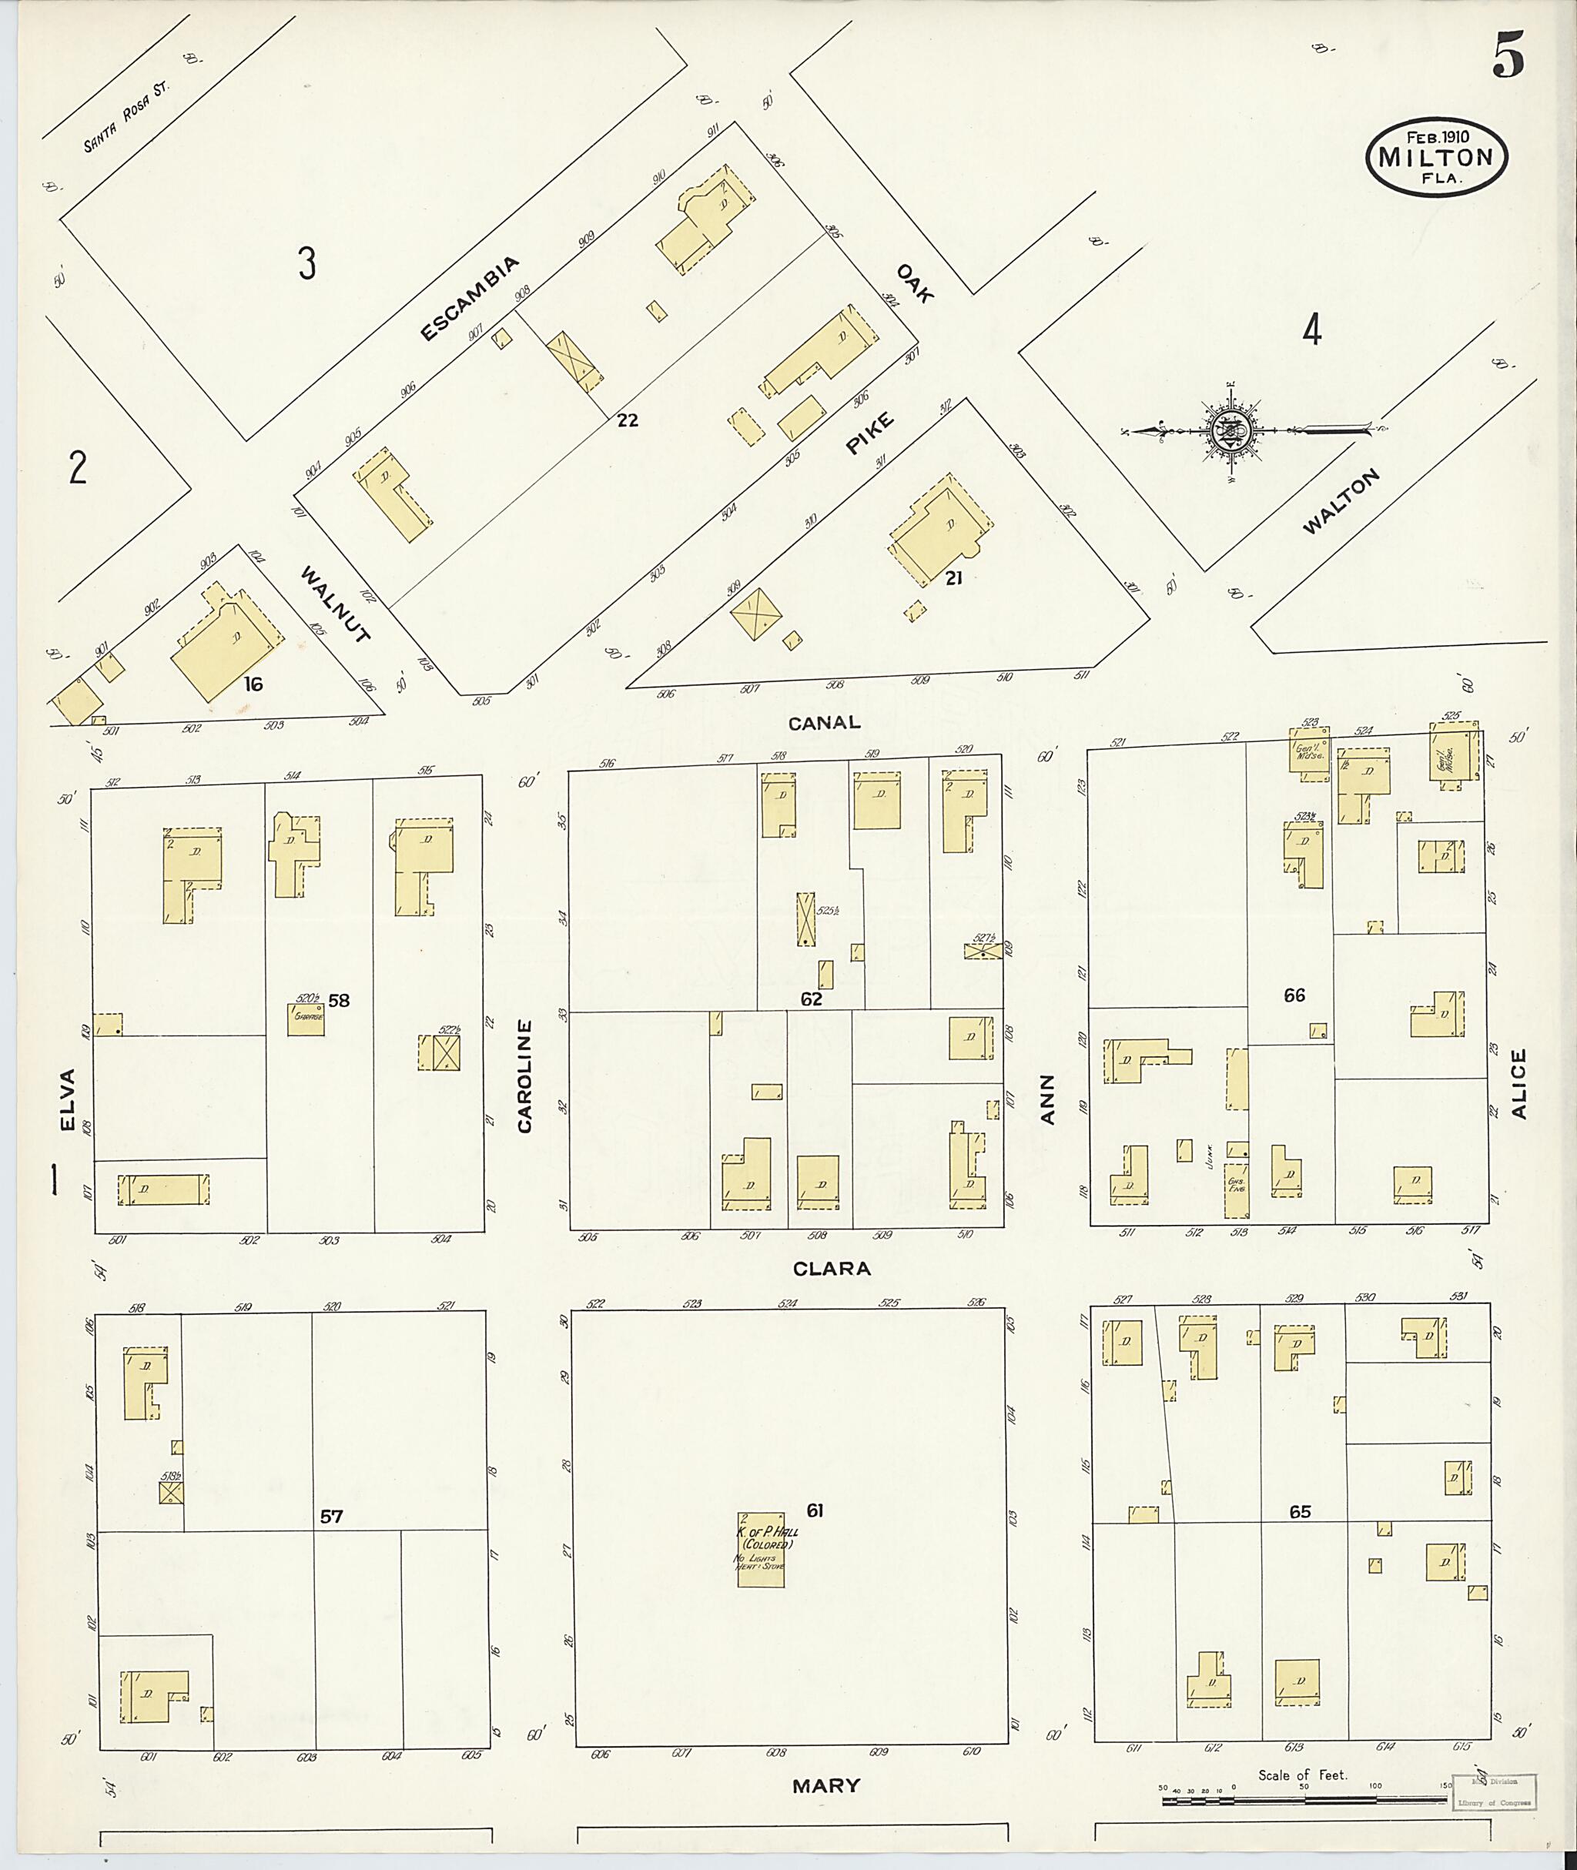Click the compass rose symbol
[1233, 433]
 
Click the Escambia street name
[470, 299]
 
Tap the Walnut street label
[334, 604]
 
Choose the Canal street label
[823, 722]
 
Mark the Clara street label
[831, 1267]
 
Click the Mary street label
[825, 1786]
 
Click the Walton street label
[1340, 501]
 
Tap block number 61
[815, 1510]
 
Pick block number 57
[331, 1516]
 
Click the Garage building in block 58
[305, 1019]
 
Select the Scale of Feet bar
[1305, 1798]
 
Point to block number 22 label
[628, 420]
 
